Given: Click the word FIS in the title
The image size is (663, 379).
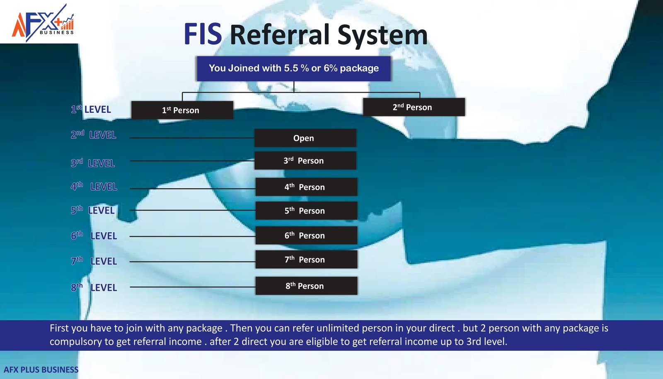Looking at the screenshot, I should point(203,34).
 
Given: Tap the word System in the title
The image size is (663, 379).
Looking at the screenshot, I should point(382,35).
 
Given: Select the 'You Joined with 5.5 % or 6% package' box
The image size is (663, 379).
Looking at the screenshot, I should point(294,68).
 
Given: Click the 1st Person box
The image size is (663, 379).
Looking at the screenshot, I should point(182,110).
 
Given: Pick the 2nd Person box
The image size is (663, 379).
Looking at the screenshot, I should point(414,107).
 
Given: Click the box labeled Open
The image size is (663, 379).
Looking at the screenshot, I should point(305,138).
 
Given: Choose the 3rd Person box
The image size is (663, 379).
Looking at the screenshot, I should point(305,161).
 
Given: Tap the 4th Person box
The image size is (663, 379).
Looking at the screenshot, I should point(306,187).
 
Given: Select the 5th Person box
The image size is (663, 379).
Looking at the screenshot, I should point(306,211).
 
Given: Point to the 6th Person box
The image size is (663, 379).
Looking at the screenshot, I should point(306,236).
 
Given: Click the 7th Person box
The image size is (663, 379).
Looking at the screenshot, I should point(306,260).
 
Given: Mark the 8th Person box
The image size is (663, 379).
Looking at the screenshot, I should point(306,286).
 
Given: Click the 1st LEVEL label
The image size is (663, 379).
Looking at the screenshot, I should point(91,109).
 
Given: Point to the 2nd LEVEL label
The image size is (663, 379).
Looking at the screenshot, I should point(93,135).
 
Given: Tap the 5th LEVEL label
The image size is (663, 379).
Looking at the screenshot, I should point(92,210).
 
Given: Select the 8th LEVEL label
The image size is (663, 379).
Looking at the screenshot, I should point(94,287).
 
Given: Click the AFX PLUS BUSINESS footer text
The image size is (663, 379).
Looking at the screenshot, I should point(41,370).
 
